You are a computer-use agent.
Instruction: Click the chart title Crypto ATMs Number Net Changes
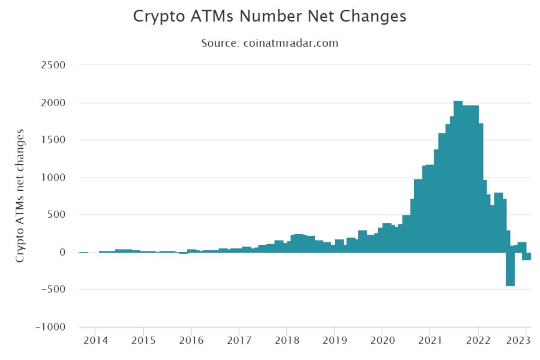pos(269,16)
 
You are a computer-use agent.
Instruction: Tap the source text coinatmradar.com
pos(269,43)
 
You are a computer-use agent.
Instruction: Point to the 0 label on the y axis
pos(62,253)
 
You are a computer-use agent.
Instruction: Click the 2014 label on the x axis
pos(95,341)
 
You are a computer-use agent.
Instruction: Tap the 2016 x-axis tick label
pos(191,341)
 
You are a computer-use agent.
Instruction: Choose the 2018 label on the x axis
pos(287,341)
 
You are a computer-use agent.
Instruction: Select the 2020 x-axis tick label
pos(382,341)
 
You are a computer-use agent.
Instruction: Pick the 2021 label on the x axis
pos(430,341)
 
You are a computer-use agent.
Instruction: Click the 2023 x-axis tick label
pos(518,341)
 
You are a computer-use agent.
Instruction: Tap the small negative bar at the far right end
pos(526,256)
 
